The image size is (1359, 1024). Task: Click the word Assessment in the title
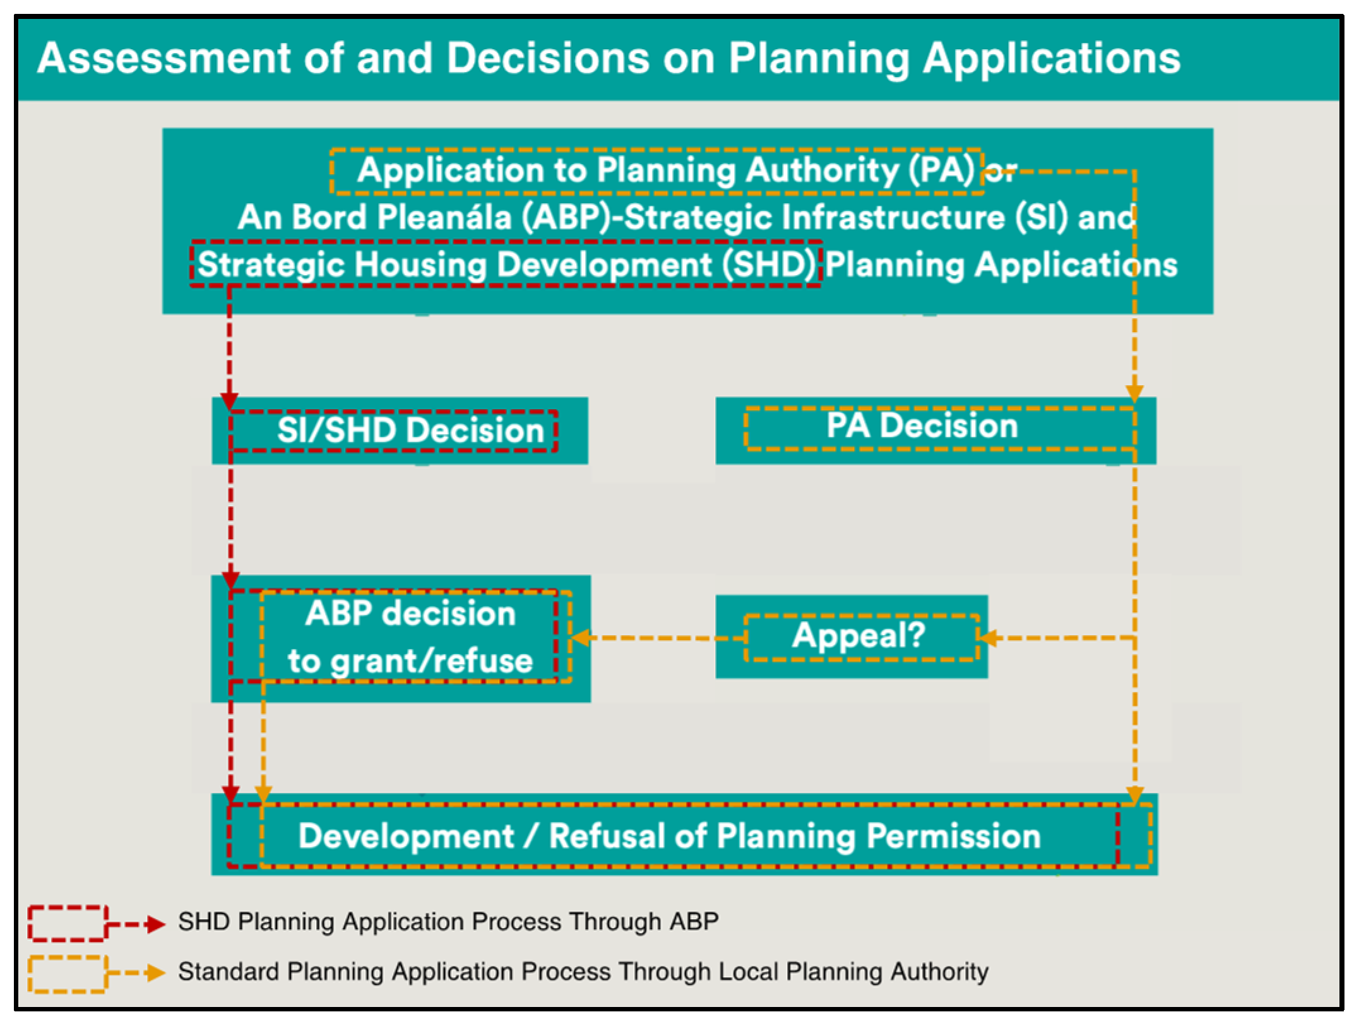click(x=164, y=58)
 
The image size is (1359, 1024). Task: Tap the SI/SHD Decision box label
click(x=410, y=430)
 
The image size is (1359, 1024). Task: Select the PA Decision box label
click(x=922, y=426)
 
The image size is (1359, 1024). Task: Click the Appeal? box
click(x=852, y=636)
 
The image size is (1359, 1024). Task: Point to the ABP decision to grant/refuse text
click(x=410, y=638)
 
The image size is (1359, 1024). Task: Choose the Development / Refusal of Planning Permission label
click(x=670, y=836)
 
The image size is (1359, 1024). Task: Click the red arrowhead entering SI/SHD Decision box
click(x=229, y=402)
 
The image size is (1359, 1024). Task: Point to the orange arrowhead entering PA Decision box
click(x=1134, y=393)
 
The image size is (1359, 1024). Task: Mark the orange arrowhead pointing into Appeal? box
click(x=988, y=638)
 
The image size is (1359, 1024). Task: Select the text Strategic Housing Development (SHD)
click(x=507, y=265)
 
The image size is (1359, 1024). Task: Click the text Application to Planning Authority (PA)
click(x=667, y=170)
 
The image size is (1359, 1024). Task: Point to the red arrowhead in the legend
click(x=155, y=924)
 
